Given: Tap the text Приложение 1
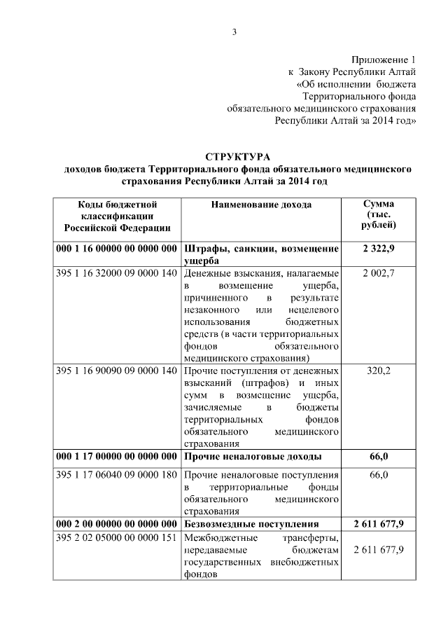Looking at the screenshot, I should (384, 61).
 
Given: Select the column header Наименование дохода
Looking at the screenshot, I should (261, 205).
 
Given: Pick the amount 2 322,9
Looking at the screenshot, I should (379, 249).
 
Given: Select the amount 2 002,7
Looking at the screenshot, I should (379, 273).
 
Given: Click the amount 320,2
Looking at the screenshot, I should (379, 370).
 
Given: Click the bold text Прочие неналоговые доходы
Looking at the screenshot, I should (253, 457).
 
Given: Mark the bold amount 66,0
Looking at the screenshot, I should (379, 457).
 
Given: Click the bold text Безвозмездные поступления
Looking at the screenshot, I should (251, 524).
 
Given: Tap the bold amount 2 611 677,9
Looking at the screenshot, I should (379, 524).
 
